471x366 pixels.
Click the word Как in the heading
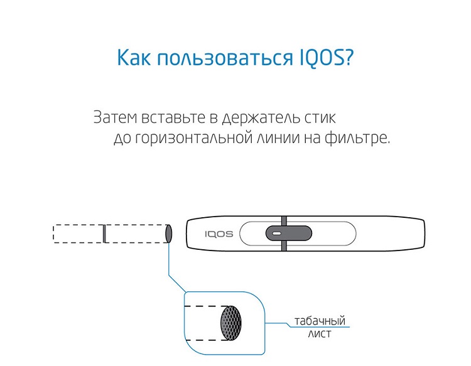click(134, 57)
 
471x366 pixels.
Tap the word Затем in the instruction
click(115, 117)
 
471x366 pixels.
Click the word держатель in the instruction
click(261, 118)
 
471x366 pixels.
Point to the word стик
click(320, 117)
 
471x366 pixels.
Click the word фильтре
click(357, 139)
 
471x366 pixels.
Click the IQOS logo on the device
click(219, 234)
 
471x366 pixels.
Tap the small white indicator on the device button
click(277, 234)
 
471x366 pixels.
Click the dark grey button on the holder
click(289, 234)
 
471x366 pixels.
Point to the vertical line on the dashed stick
click(104, 234)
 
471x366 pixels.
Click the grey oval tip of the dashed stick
click(168, 234)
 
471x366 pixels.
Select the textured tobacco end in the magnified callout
click(230, 323)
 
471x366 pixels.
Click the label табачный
click(320, 321)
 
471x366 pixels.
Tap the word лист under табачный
click(319, 334)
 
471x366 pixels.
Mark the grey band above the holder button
click(284, 221)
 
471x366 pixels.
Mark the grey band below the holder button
click(284, 245)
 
